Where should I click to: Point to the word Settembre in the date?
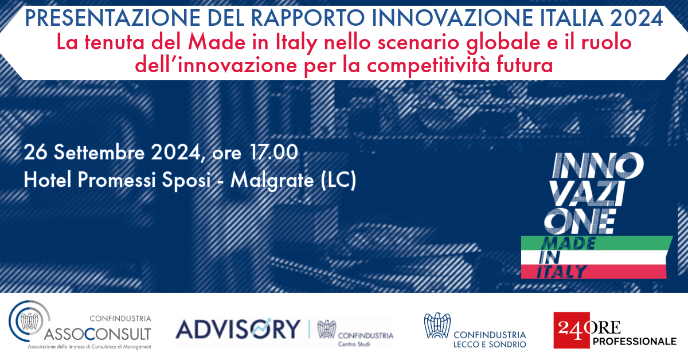99,152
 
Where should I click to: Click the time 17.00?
273,152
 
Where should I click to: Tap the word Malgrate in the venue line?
272,181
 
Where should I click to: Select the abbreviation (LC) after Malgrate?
338,179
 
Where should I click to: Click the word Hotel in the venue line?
47,179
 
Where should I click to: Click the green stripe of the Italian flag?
596,243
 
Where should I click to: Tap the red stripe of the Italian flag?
593,272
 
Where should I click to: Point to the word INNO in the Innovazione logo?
597,166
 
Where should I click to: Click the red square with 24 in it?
571,330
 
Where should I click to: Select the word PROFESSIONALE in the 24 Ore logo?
635,342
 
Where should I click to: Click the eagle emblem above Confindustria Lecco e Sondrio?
437,325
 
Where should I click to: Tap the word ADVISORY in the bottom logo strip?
238,329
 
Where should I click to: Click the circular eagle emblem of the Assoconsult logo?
29,321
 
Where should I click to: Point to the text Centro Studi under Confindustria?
354,344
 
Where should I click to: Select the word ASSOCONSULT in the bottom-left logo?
97,334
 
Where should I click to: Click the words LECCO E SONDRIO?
490,345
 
